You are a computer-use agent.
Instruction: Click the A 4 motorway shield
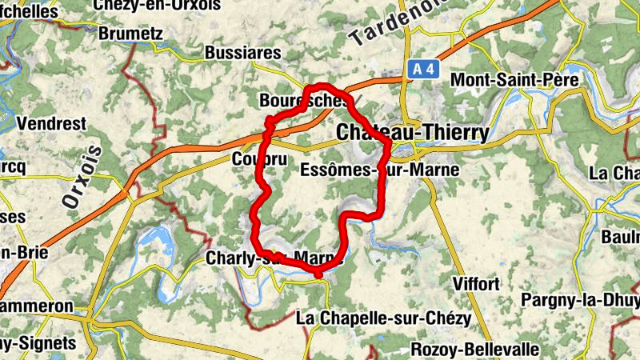coord(423,70)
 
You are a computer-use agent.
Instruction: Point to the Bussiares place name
coord(243,53)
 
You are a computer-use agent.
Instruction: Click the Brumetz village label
coord(130,34)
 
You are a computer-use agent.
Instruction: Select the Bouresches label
coord(304,102)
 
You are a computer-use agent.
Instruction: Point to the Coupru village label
coord(258,158)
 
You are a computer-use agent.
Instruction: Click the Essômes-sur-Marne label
coord(379,170)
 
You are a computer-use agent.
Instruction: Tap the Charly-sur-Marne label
coord(274,258)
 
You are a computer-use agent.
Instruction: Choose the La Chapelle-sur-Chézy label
coord(383,318)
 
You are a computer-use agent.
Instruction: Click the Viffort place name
coord(475,284)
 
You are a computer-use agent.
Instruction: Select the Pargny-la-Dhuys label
coord(580,300)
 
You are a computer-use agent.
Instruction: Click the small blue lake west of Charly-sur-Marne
coord(156,238)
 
